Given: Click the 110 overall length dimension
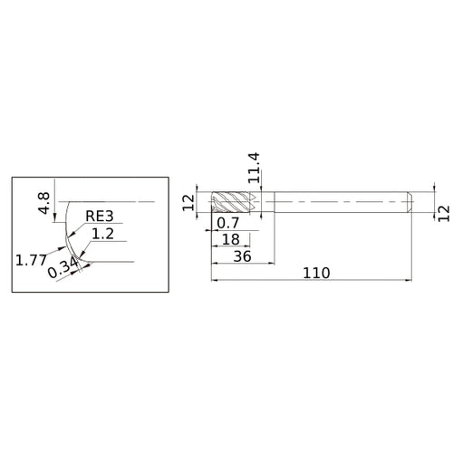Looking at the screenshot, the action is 316,273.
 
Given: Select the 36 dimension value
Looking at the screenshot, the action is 242,256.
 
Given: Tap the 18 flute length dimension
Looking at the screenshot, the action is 231,239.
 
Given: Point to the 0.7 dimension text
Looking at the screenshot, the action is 228,223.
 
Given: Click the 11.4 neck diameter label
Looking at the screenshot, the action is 254,168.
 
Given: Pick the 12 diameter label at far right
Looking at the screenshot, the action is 444,214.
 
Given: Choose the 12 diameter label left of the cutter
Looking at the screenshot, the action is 189,202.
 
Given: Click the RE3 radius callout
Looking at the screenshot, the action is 100,216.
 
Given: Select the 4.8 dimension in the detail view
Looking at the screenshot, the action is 44,203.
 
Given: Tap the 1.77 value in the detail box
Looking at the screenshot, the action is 31,260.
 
